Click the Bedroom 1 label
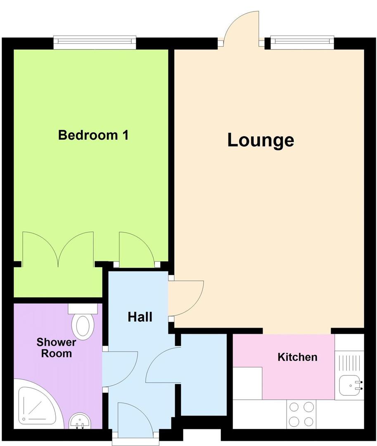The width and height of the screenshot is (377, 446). click(x=93, y=135)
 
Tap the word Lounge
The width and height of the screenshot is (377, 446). click(x=261, y=140)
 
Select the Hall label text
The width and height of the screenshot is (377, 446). click(x=140, y=317)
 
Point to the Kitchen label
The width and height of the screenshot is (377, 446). click(x=297, y=357)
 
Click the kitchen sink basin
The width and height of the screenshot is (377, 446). click(x=350, y=386)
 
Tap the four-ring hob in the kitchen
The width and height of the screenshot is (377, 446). click(x=301, y=414)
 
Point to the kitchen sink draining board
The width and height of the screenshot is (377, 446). click(x=350, y=363)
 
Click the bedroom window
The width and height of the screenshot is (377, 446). click(x=95, y=40)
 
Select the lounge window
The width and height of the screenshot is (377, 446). click(x=301, y=40)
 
